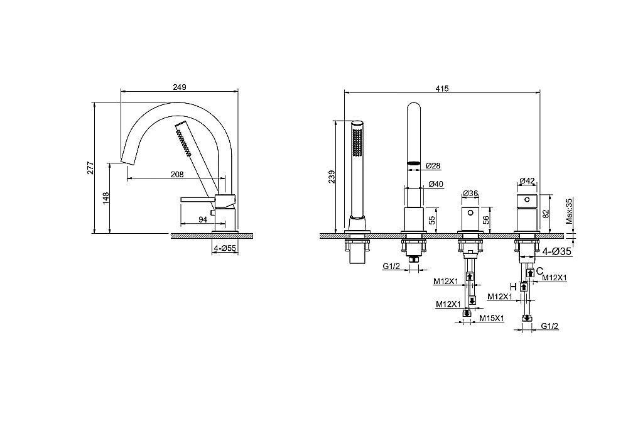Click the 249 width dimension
point(180,87)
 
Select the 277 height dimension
point(90,168)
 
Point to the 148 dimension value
point(106,198)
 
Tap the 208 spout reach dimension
point(177,174)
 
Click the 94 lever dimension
point(203,219)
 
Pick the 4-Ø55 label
point(225,248)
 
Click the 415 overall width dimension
point(441,89)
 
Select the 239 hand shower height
point(332,177)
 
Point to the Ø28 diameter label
point(433,165)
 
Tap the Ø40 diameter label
point(436,184)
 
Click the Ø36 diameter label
point(470,194)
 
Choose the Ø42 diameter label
point(527,181)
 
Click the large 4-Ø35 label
point(557,251)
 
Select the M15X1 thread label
point(492,318)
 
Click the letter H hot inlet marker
point(513,287)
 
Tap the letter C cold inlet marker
point(539,270)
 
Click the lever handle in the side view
point(198,199)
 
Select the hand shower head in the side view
point(183,138)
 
